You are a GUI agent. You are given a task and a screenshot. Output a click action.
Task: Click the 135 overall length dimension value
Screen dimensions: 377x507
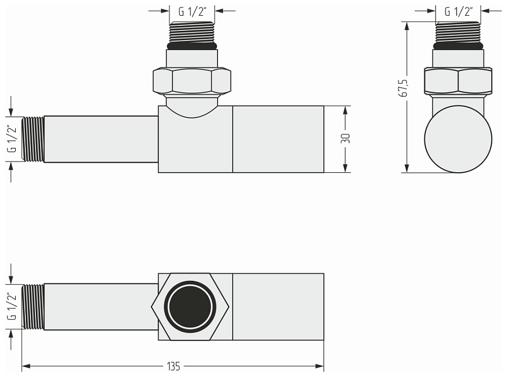pyautogui.click(x=174, y=366)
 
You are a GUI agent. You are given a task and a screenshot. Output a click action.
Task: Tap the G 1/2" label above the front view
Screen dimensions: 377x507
pyautogui.click(x=192, y=11)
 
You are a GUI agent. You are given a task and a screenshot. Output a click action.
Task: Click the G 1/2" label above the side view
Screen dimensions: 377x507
pyautogui.click(x=459, y=11)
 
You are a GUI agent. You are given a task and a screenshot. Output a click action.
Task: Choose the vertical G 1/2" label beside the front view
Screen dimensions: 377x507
pyautogui.click(x=11, y=139)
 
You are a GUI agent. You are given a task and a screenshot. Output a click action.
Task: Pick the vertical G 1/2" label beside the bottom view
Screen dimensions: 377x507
pyautogui.click(x=11, y=307)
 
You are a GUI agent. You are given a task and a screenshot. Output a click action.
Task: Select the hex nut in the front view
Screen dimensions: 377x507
pyautogui.click(x=192, y=81)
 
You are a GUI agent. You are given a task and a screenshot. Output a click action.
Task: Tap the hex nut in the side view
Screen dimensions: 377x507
pyautogui.click(x=458, y=81)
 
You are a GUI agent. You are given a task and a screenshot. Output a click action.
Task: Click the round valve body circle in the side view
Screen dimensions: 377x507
pyautogui.click(x=458, y=138)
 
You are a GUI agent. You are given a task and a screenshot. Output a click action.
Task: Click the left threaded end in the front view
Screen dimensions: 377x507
pyautogui.click(x=33, y=139)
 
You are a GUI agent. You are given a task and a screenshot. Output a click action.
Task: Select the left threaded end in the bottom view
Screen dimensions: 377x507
pyautogui.click(x=33, y=307)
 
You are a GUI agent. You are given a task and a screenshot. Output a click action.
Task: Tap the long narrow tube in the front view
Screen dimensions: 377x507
pyautogui.click(x=100, y=139)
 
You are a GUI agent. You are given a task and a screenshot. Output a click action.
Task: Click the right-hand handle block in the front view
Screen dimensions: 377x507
pyautogui.click(x=278, y=138)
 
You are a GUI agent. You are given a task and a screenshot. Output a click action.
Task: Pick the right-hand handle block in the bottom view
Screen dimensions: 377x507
pyautogui.click(x=278, y=307)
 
